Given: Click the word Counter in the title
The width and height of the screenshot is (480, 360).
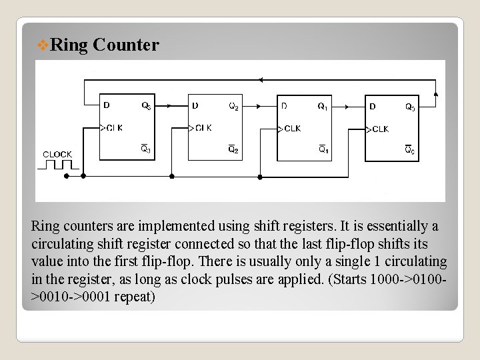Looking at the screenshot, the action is [x=126, y=45].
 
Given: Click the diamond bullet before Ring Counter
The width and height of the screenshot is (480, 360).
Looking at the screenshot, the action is [x=42, y=45].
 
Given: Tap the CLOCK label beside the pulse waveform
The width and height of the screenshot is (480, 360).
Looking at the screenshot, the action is [x=57, y=155].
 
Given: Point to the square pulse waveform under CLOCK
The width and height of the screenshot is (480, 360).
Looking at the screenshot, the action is [x=58, y=164].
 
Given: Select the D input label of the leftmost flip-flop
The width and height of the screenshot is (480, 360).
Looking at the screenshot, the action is [x=107, y=105].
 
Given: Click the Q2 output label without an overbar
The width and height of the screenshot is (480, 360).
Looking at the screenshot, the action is [x=233, y=105].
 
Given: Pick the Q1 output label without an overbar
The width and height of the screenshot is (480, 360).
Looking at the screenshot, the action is [x=322, y=105].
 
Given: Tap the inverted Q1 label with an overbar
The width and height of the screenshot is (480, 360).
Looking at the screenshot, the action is [x=323, y=149].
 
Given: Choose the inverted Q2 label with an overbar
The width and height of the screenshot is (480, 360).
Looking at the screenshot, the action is [x=233, y=149].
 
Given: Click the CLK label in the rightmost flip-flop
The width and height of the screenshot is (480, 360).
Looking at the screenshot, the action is [x=380, y=129].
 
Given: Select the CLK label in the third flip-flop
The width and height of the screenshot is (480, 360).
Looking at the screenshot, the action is [x=292, y=128].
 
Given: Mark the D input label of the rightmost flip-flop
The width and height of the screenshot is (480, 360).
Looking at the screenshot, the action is [x=372, y=105].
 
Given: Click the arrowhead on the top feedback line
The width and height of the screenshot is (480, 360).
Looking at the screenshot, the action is [x=260, y=80].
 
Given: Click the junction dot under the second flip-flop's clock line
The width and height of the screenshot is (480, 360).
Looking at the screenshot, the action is [x=171, y=177].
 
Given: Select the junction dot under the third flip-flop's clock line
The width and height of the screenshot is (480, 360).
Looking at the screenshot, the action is [x=259, y=177].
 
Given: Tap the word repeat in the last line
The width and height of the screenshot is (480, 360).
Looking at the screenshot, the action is [x=134, y=296].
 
